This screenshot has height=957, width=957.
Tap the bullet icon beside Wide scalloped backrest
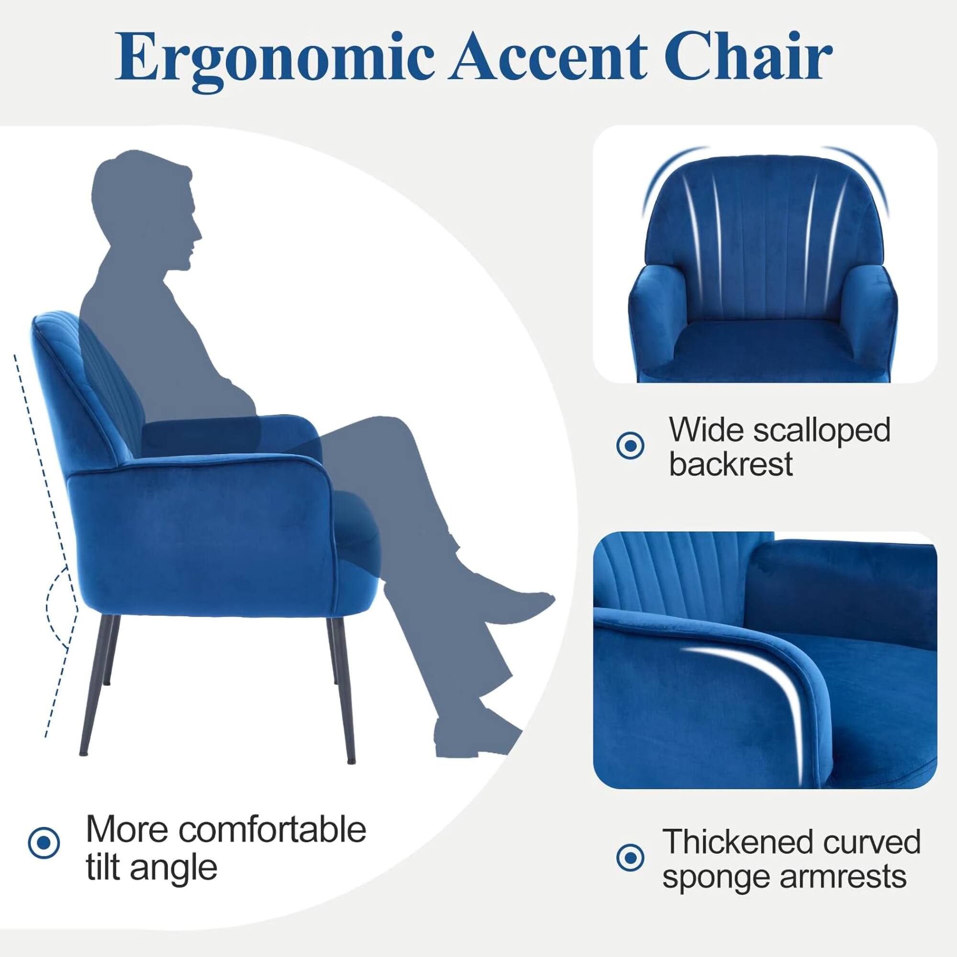click(x=630, y=445)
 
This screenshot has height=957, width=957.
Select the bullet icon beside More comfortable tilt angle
click(x=44, y=842)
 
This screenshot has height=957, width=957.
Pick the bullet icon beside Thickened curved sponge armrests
click(x=630, y=857)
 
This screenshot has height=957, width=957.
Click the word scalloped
click(x=822, y=430)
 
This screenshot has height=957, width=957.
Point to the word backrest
click(x=731, y=465)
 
